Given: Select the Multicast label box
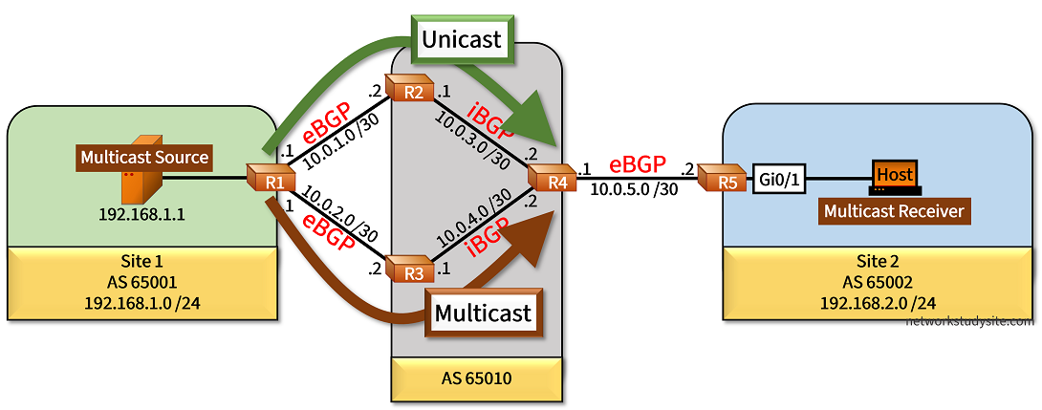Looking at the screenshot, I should coord(482,313).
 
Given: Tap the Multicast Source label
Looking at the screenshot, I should coord(144,157).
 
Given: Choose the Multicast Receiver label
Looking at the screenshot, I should coord(895,210).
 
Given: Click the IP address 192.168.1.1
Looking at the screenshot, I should coord(141,214).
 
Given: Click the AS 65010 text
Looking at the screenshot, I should coord(476,378).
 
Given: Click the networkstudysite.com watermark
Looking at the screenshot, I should coord(969,321).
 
